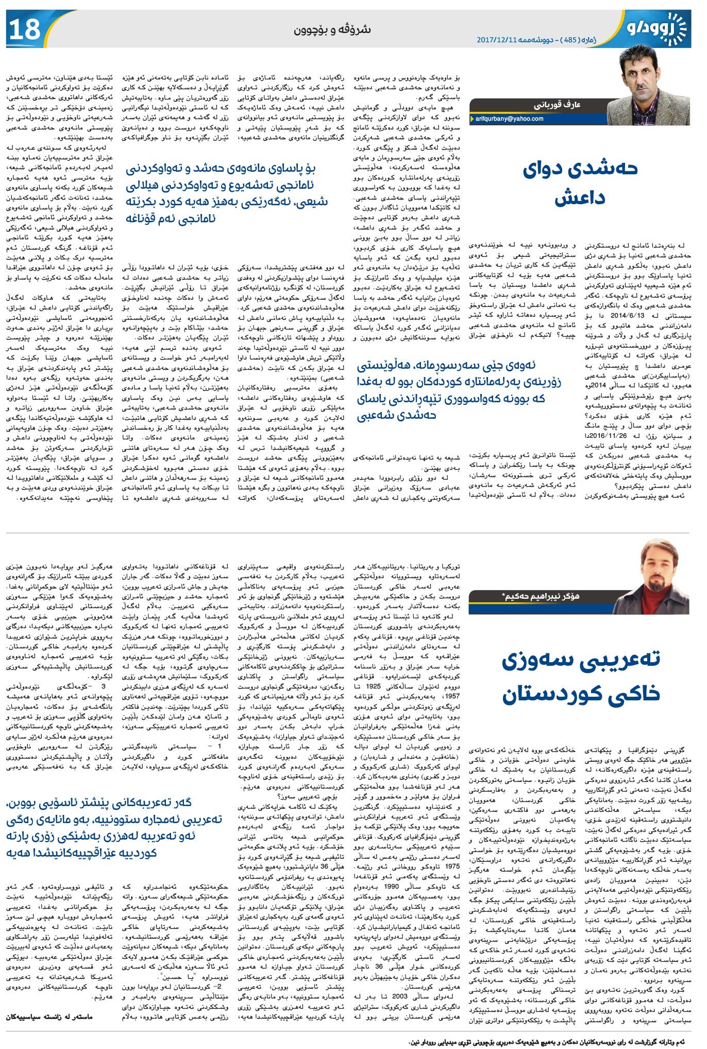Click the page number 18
24,29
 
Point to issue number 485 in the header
576,40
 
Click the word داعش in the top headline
580,198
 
